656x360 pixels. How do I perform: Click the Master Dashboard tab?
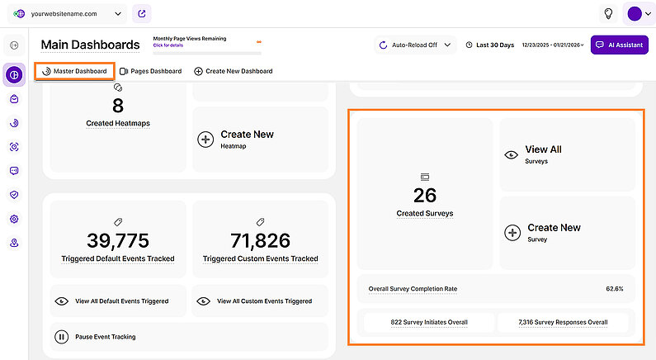pyautogui.click(x=75, y=71)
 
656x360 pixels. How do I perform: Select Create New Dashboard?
pyautogui.click(x=234, y=71)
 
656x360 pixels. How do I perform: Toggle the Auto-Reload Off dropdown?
pyautogui.click(x=414, y=45)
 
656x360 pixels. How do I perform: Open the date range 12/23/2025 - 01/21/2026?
pyautogui.click(x=552, y=45)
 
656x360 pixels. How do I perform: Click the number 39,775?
pyautogui.click(x=118, y=240)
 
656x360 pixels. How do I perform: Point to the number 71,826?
pyautogui.click(x=261, y=240)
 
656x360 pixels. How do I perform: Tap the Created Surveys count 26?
pyautogui.click(x=425, y=195)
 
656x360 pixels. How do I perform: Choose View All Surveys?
pyautogui.click(x=543, y=154)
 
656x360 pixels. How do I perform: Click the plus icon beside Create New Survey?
pyautogui.click(x=512, y=232)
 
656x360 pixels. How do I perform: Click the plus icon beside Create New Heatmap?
pyautogui.click(x=205, y=139)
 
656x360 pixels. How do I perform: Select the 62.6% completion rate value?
pyautogui.click(x=614, y=289)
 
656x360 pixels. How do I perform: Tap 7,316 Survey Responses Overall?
pyautogui.click(x=563, y=322)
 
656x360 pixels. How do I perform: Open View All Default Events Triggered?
pyautogui.click(x=121, y=301)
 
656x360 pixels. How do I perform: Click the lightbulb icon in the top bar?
pyautogui.click(x=608, y=14)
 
